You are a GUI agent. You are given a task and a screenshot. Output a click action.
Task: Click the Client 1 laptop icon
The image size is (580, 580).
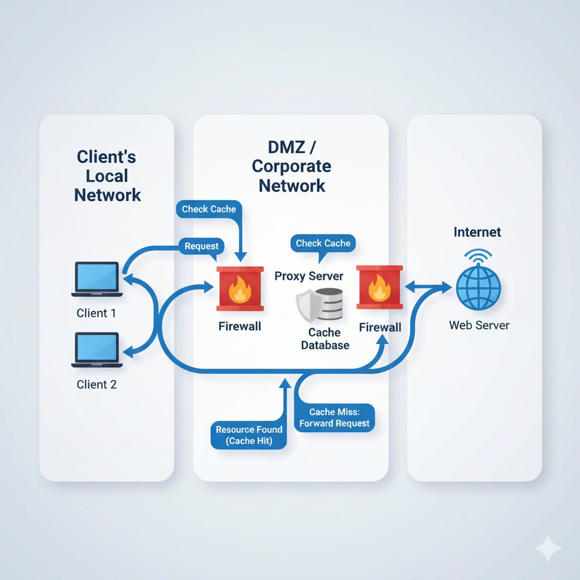pos(97,279)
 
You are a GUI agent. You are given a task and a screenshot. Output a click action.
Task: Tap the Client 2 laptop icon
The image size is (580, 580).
pos(97,350)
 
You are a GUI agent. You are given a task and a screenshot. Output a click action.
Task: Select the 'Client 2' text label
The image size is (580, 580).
pos(97,385)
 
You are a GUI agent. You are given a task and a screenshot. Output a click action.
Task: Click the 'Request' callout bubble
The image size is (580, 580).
pos(202,246)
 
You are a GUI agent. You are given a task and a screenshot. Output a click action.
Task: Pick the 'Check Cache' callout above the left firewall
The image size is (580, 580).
pos(209,209)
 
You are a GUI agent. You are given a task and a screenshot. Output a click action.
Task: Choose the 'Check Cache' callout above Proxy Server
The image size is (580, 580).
pos(323,243)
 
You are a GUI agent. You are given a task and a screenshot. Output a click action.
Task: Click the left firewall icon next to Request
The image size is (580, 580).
pos(240,288)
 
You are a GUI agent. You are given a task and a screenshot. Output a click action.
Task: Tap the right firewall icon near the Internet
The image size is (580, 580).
pos(379,287)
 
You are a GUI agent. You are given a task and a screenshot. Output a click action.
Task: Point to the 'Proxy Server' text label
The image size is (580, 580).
pos(309,276)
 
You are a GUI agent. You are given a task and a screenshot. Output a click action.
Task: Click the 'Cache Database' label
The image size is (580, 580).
pos(325,339)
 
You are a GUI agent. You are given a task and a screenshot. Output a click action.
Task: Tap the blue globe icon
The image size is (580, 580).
pos(479,287)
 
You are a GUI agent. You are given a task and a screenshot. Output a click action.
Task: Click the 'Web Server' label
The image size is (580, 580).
pos(479,326)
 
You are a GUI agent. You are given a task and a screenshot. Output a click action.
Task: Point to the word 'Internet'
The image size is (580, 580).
pos(477,232)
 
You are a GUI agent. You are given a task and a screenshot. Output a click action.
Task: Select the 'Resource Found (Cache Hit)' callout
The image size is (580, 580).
pos(249,435)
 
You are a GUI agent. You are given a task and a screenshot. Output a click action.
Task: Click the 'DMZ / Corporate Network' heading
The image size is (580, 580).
pos(292,167)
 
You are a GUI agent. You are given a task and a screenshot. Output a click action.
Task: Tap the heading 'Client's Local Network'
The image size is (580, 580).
pos(107,176)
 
